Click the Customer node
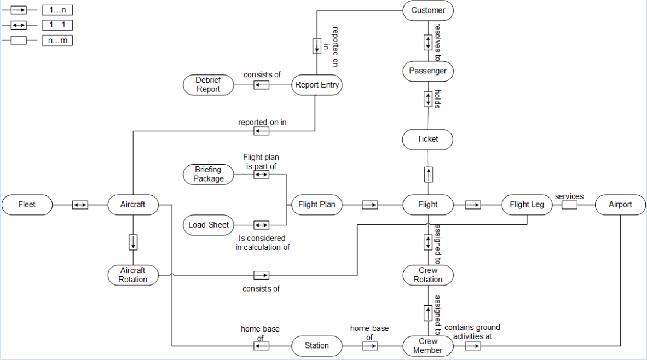click(x=428, y=10)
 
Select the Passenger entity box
click(x=428, y=71)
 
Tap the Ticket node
click(x=428, y=139)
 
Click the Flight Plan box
click(x=317, y=205)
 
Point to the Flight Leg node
click(x=527, y=205)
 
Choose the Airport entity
click(x=620, y=205)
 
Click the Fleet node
click(x=27, y=205)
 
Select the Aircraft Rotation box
click(x=133, y=275)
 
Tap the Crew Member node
click(x=428, y=346)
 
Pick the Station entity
click(x=317, y=346)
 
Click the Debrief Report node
click(x=208, y=85)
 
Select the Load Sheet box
click(x=208, y=225)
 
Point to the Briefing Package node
click(x=208, y=175)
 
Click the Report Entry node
click(x=317, y=85)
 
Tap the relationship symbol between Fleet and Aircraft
click(x=80, y=205)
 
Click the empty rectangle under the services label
click(x=569, y=205)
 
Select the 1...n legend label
click(x=57, y=10)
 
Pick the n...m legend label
click(x=57, y=40)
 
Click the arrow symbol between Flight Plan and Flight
click(x=370, y=205)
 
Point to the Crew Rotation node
click(x=428, y=275)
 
